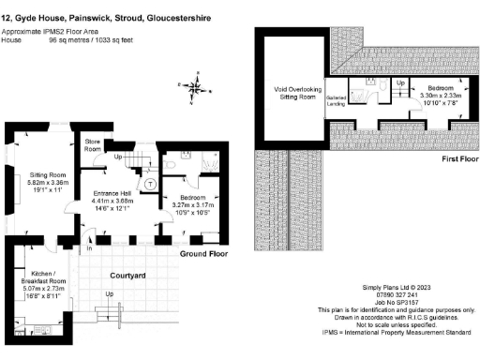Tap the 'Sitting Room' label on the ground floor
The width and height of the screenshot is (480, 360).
[46, 174]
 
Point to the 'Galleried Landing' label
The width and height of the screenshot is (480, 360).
[336, 101]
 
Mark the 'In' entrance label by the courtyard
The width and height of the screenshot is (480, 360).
[90, 249]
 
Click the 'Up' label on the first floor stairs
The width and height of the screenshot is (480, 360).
[401, 82]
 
